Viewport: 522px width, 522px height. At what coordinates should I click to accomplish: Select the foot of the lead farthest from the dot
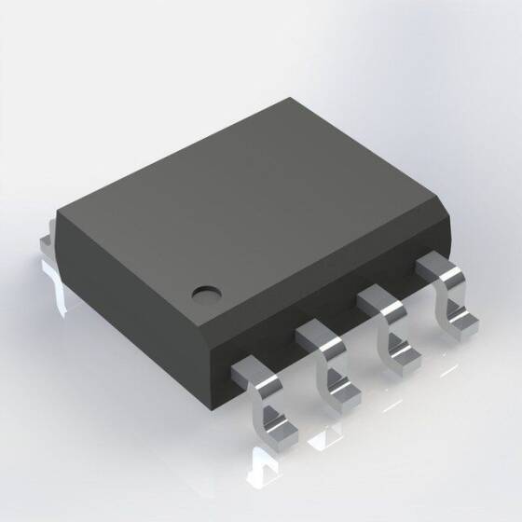(462, 322)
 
